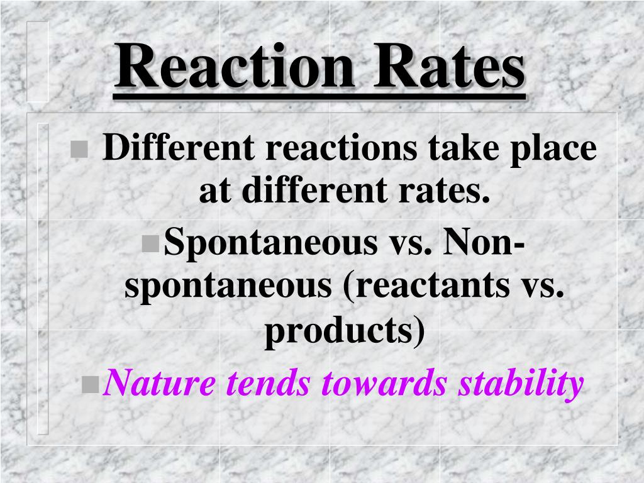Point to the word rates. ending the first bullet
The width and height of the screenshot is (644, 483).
coord(433,192)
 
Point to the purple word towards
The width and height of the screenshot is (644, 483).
coord(386,382)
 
